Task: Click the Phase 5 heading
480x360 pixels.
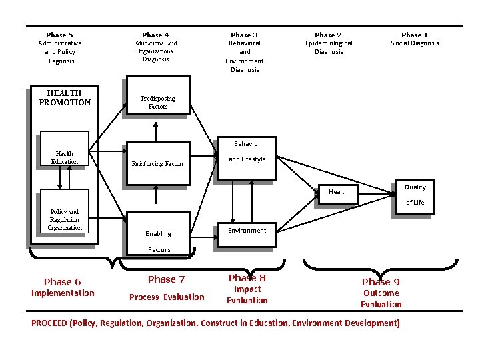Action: (60, 35)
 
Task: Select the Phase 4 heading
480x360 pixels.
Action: (155, 35)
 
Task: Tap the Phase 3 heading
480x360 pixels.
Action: (244, 35)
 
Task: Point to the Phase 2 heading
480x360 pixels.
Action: (328, 35)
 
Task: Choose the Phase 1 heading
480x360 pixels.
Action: (415, 35)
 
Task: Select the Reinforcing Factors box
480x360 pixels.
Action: (157, 163)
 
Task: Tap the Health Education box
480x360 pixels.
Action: (65, 157)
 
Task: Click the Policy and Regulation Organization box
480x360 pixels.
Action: (65, 220)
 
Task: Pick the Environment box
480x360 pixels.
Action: (247, 231)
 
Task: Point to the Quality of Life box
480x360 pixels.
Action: (415, 195)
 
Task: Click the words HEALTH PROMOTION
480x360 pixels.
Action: (65, 98)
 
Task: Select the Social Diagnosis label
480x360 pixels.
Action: (415, 43)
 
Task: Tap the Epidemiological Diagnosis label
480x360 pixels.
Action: (328, 47)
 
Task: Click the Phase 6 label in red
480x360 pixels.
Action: (62, 282)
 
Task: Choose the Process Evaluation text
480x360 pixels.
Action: (167, 297)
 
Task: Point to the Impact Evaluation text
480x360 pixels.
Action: (247, 295)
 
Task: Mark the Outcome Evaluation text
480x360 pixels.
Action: (381, 299)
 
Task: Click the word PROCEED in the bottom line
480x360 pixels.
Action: (49, 323)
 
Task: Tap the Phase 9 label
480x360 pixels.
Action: (381, 282)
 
